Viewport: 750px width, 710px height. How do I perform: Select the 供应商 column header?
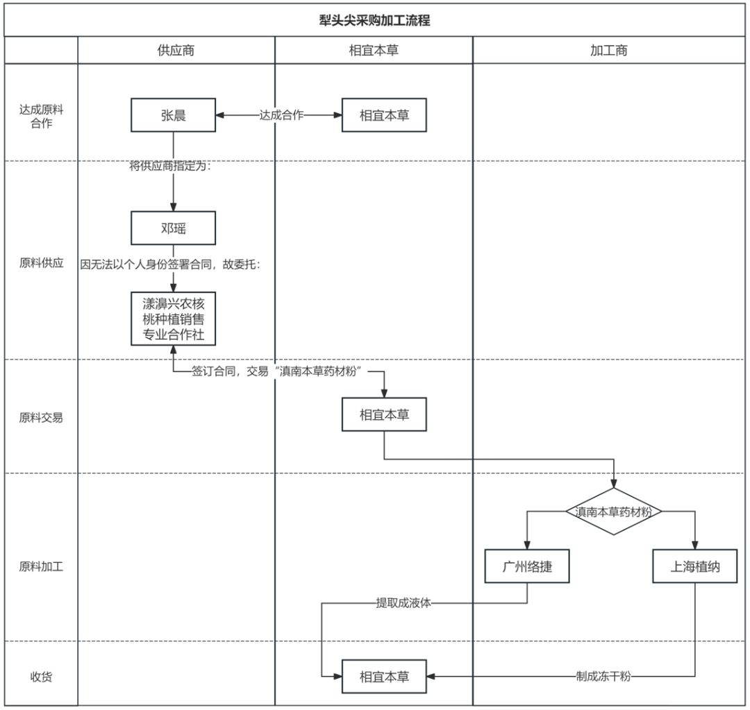click(176, 51)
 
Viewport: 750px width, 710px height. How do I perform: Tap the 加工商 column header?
click(609, 51)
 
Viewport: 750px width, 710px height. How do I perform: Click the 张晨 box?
click(173, 115)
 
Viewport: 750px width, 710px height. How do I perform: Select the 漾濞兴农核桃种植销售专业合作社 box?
click(173, 319)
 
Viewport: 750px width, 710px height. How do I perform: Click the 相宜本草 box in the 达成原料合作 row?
click(384, 115)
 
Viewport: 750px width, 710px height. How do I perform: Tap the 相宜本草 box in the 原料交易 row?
click(384, 415)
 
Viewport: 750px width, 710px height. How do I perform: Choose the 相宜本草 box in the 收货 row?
click(384, 676)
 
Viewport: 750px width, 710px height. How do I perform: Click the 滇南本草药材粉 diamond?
click(614, 512)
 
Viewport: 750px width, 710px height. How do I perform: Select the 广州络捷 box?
click(527, 566)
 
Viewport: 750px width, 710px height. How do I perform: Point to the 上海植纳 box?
click(694, 566)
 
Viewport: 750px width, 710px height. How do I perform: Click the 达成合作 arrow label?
click(281, 115)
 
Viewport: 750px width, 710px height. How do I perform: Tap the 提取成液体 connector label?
click(403, 603)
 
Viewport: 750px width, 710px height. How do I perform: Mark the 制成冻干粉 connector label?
click(603, 676)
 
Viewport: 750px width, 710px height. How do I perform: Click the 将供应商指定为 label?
click(170, 167)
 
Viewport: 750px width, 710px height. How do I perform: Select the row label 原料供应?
click(41, 264)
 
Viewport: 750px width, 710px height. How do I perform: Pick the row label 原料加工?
click(41, 566)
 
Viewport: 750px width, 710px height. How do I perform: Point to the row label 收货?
click(41, 677)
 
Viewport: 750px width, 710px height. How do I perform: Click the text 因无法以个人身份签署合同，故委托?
click(170, 264)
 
